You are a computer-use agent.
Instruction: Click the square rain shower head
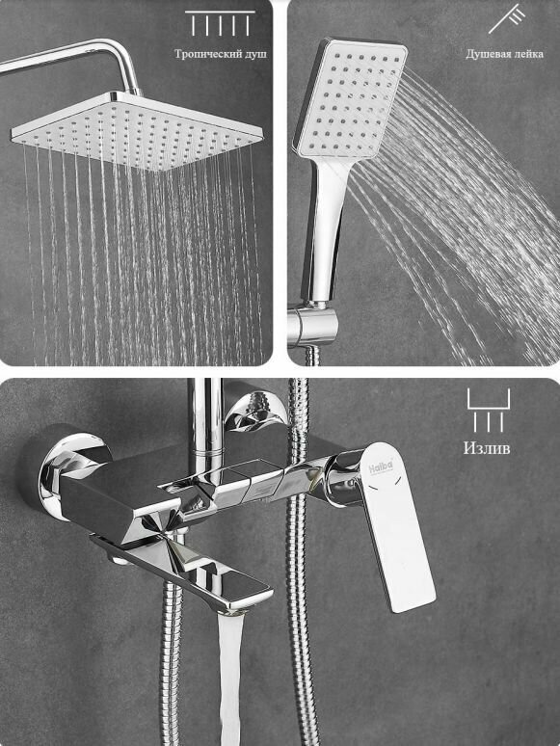pos(138,131)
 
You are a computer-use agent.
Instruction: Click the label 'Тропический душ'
pos(221,54)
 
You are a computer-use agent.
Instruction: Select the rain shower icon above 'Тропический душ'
pos(221,23)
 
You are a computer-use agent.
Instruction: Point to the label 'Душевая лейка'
pos(504,54)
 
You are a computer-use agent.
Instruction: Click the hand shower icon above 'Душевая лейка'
pos(507,18)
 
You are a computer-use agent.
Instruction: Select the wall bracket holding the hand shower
pos(312,325)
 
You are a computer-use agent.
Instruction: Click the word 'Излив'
pos(487,448)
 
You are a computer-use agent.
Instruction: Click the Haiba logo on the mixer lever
pos(381,466)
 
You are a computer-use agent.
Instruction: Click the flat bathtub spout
pos(186,571)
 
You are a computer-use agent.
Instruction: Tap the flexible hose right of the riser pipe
pos(299,561)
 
